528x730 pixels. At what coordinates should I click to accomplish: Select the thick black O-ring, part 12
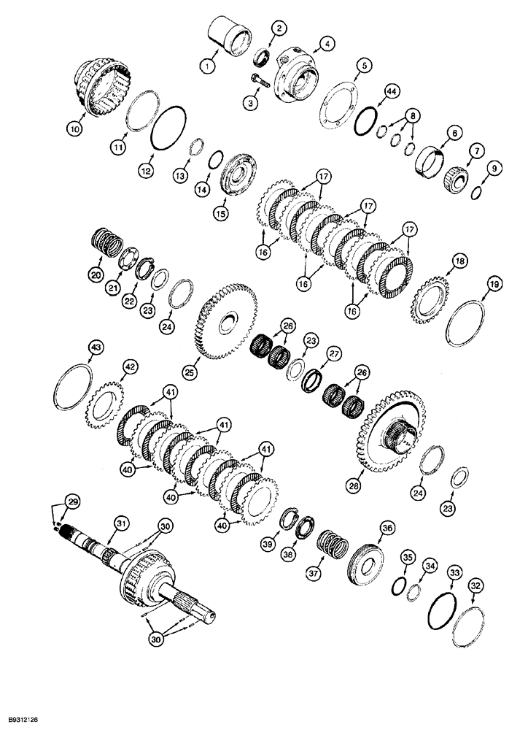(168, 134)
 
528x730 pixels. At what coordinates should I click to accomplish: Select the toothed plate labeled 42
(107, 404)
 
